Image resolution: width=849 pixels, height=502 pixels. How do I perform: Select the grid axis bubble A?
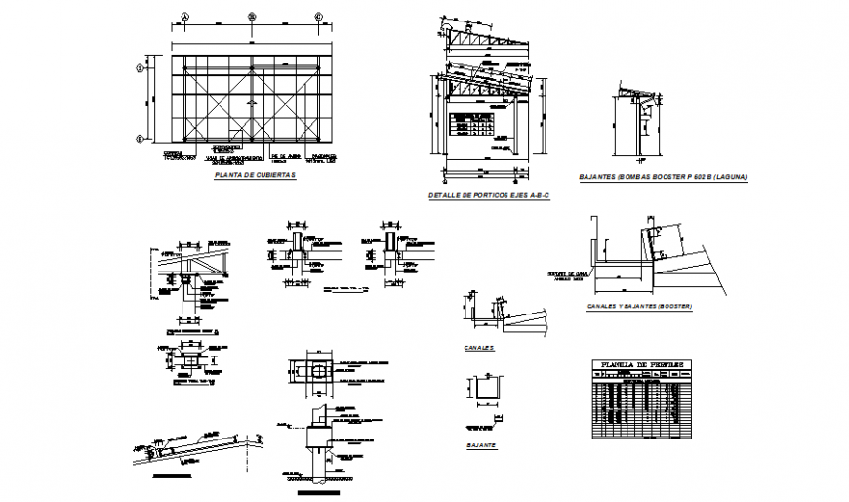pyautogui.click(x=182, y=17)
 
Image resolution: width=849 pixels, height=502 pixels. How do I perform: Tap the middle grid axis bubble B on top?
pyautogui.click(x=251, y=17)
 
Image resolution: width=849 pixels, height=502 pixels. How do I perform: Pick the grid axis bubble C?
pyautogui.click(x=318, y=17)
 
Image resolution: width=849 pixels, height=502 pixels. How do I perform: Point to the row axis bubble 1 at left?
pyautogui.click(x=140, y=68)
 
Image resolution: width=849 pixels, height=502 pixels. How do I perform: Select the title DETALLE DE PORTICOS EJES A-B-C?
pyautogui.click(x=489, y=196)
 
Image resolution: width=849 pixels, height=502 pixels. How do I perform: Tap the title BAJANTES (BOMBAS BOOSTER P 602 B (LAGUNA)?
pyautogui.click(x=663, y=177)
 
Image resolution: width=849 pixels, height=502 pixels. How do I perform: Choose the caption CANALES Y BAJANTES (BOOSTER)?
pyautogui.click(x=639, y=307)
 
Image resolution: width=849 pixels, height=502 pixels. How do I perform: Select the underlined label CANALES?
pyautogui.click(x=480, y=347)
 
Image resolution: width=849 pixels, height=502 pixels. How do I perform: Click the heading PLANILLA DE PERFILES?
pyautogui.click(x=640, y=365)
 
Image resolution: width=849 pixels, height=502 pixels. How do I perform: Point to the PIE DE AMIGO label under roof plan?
pyautogui.click(x=282, y=155)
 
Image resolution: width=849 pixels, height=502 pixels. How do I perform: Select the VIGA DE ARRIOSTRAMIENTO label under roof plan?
pyautogui.click(x=238, y=157)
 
